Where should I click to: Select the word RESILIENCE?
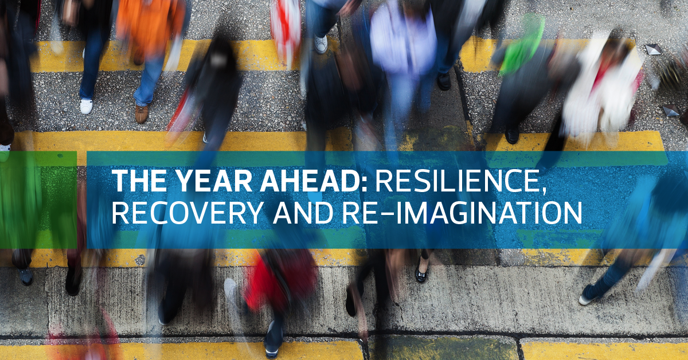(x=457, y=182)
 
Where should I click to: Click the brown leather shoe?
(x=141, y=114)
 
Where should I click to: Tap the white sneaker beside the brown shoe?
(x=87, y=106)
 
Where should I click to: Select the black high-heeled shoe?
(x=420, y=273)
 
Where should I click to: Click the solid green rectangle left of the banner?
(x=38, y=199)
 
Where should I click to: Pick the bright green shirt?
(x=522, y=46)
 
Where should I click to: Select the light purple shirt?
(x=403, y=40)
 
